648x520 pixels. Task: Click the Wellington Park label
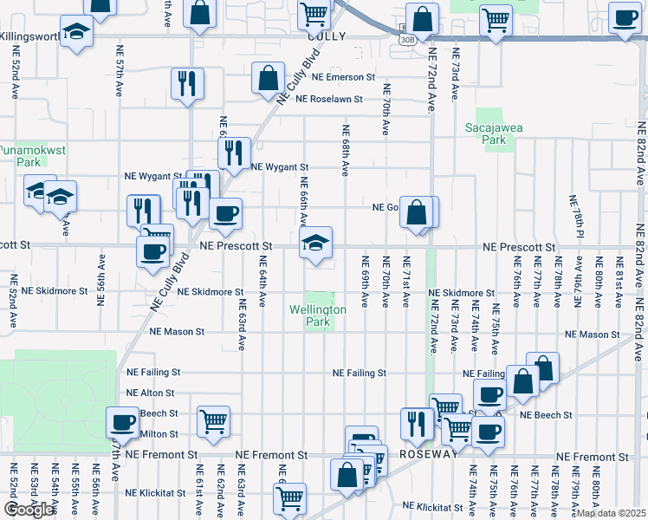tap(318, 315)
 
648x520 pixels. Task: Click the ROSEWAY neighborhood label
tap(428, 454)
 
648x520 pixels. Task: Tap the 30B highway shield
tap(407, 40)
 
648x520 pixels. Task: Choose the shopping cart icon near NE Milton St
tap(213, 421)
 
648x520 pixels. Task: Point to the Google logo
tap(29, 510)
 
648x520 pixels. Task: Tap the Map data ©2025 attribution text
tap(612, 513)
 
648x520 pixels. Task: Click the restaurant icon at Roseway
tap(417, 424)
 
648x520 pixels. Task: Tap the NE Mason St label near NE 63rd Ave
tap(177, 332)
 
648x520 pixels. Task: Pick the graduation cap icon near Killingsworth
tap(77, 32)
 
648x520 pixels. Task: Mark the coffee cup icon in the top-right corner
tap(624, 17)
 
